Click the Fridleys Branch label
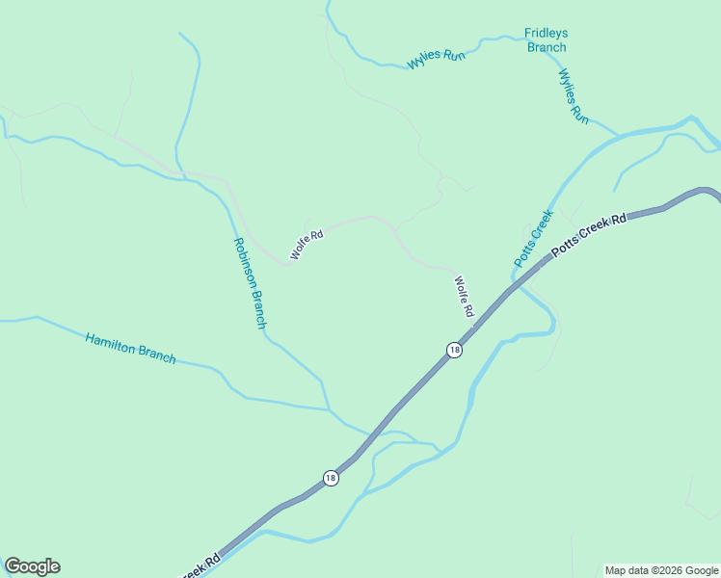[x=546, y=39]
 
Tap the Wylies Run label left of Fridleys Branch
[x=437, y=58]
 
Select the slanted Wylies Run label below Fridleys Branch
[x=574, y=95]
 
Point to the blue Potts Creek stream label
[x=532, y=238]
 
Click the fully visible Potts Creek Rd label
[x=588, y=234]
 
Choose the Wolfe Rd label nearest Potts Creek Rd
[x=465, y=298]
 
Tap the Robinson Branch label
[x=249, y=283]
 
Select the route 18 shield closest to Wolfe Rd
[x=454, y=350]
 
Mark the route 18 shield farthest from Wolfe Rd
[x=331, y=478]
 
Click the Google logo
[x=32, y=566]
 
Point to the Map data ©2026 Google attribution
[x=662, y=570]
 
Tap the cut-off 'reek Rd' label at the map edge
[x=200, y=565]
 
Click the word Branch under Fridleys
[x=546, y=46]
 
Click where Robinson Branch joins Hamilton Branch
[x=329, y=409]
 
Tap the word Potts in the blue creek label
[x=524, y=252]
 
